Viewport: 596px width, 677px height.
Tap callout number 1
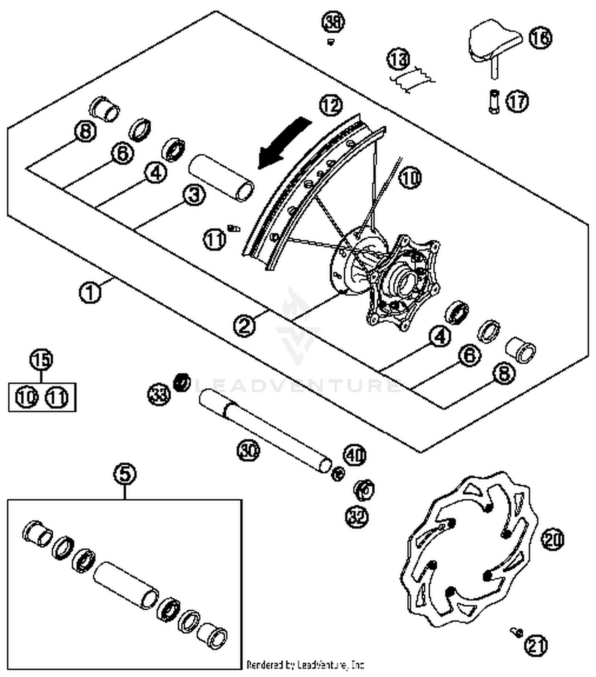[90, 292]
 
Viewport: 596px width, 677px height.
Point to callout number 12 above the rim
[331, 105]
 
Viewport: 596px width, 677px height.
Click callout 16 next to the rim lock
[540, 38]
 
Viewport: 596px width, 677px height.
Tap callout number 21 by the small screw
[535, 645]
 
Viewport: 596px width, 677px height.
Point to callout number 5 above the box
[125, 474]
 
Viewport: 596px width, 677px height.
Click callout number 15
[41, 359]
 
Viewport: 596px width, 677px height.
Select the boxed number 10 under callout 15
[27, 397]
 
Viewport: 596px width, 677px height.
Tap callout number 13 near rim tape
[399, 59]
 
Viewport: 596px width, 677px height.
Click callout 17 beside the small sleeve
[517, 101]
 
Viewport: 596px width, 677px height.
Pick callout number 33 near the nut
[159, 394]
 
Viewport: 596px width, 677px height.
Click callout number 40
[355, 455]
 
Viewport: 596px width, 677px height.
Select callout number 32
[356, 516]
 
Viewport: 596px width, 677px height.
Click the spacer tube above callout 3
[221, 177]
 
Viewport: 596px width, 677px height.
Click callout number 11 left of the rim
[215, 239]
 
